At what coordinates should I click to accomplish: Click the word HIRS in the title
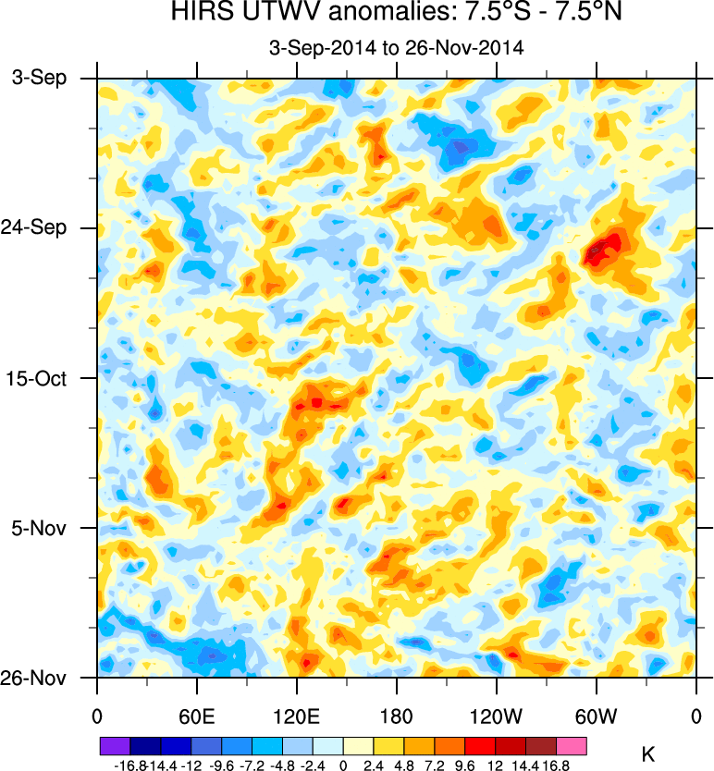(x=197, y=14)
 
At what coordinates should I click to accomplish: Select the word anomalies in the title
(x=354, y=14)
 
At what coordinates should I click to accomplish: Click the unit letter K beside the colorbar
(x=647, y=755)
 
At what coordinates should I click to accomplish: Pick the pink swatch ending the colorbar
(x=572, y=743)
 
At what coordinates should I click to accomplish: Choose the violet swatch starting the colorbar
(x=114, y=743)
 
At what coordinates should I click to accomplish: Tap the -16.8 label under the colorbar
(x=130, y=765)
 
